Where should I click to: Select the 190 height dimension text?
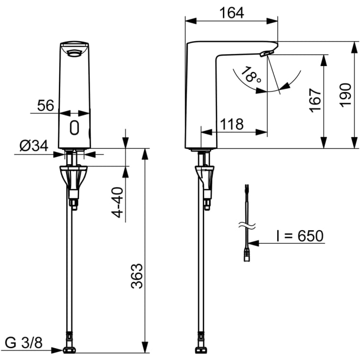346,95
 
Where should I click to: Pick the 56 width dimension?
46,105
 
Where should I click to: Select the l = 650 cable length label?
299,236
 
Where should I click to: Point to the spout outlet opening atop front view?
74,52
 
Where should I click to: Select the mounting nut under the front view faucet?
74,177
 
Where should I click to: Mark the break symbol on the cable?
247,227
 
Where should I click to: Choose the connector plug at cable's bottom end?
247,255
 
